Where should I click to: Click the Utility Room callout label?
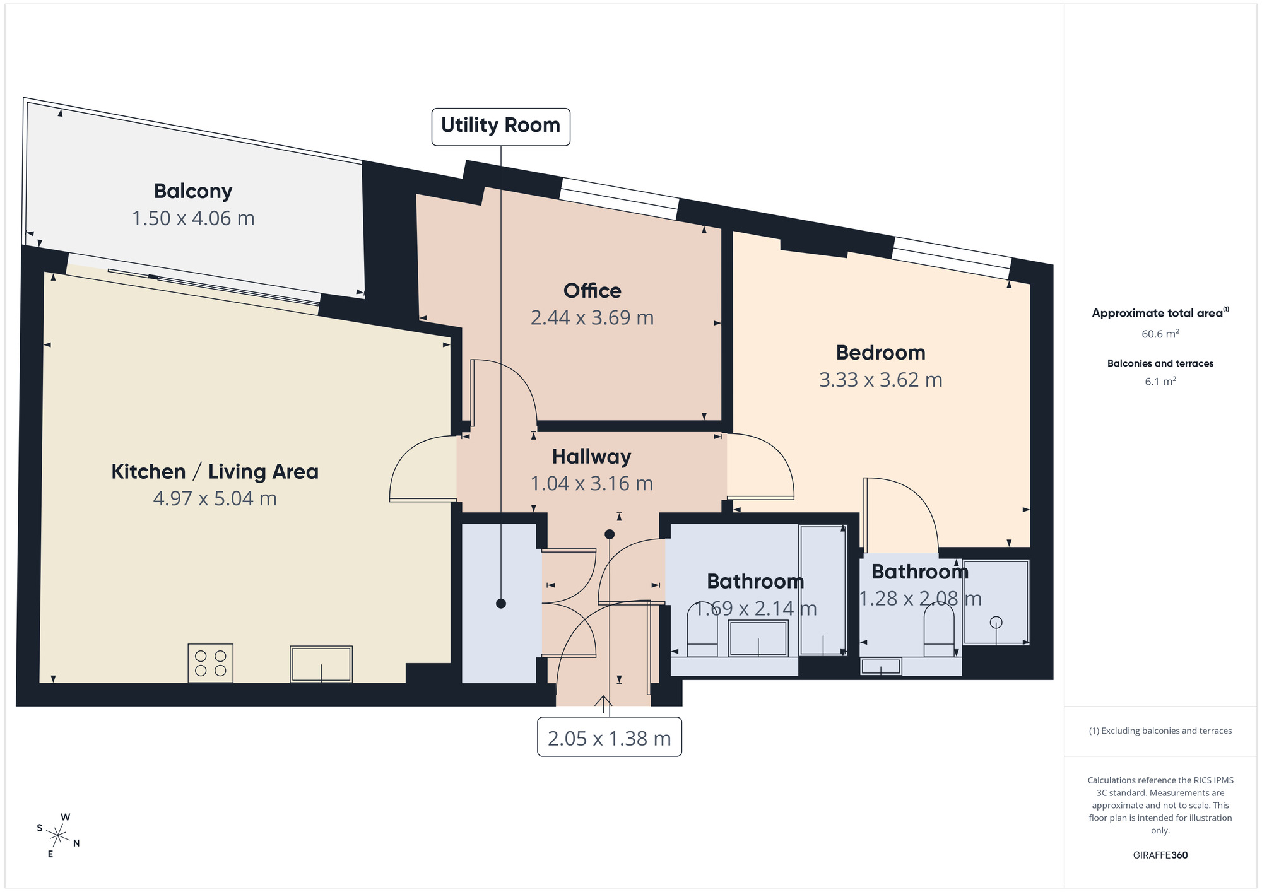click(x=500, y=126)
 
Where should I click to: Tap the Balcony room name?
click(x=193, y=191)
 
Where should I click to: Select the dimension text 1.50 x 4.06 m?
click(x=193, y=218)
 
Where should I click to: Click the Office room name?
click(x=592, y=291)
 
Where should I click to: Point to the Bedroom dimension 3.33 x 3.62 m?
click(x=880, y=380)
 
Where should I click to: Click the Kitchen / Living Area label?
click(x=215, y=472)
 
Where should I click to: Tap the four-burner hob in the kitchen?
click(x=211, y=663)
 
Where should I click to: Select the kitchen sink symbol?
click(x=321, y=664)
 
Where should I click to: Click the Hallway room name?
click(x=591, y=457)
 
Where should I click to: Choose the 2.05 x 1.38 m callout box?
click(x=609, y=737)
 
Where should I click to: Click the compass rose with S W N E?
click(x=58, y=836)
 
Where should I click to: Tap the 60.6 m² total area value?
click(x=1160, y=334)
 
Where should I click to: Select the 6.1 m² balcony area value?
click(x=1160, y=382)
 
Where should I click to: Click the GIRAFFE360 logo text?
click(x=1160, y=855)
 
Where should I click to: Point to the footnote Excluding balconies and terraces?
click(x=1160, y=731)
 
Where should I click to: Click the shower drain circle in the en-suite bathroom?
click(x=996, y=623)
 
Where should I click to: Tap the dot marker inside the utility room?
click(x=501, y=604)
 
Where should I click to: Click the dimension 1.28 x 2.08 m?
click(x=920, y=599)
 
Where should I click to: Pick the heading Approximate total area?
click(x=1160, y=313)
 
